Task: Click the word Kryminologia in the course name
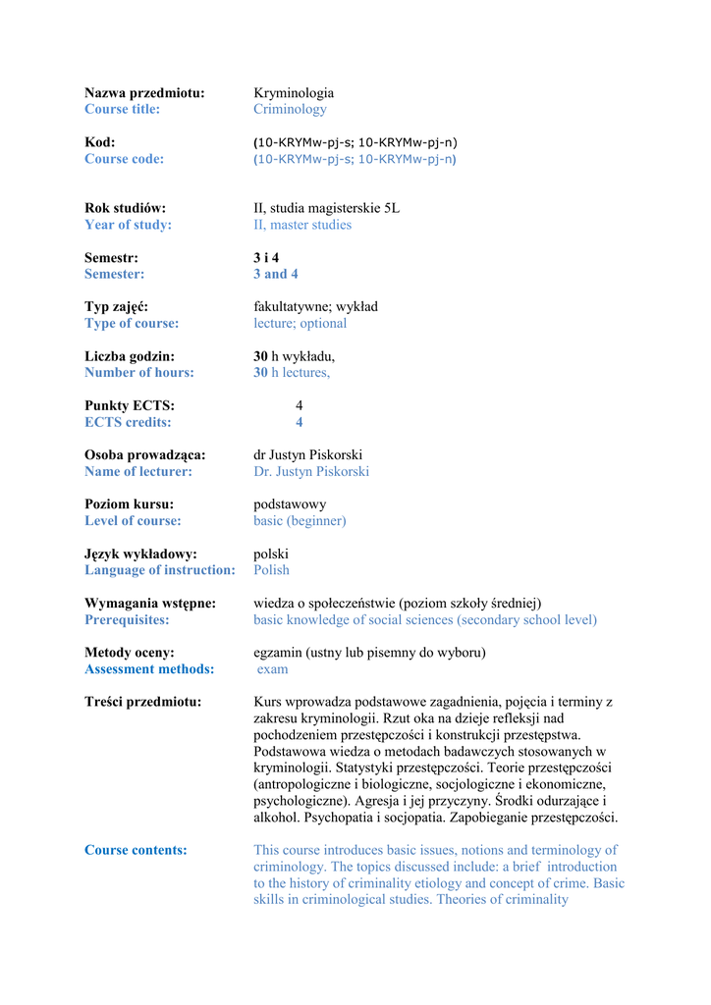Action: tap(294, 93)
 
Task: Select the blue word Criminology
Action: tap(290, 110)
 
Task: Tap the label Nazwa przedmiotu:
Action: tap(144, 93)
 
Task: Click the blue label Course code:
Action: tap(124, 159)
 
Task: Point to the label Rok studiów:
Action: tap(125, 208)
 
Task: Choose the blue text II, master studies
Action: tap(302, 225)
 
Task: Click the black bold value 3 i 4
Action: tap(266, 258)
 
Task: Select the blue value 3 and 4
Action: tap(276, 274)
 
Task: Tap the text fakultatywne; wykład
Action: tap(315, 307)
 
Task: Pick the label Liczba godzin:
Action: tap(130, 356)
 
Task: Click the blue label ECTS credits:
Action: tap(128, 422)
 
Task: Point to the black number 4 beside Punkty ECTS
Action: tap(300, 405)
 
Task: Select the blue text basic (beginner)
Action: tap(300, 521)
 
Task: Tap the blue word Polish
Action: tap(271, 570)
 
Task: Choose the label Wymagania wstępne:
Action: tap(150, 604)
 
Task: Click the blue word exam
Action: tap(273, 669)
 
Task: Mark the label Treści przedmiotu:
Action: tap(142, 702)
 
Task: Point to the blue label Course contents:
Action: tap(136, 850)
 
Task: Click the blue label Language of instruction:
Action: tap(160, 570)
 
